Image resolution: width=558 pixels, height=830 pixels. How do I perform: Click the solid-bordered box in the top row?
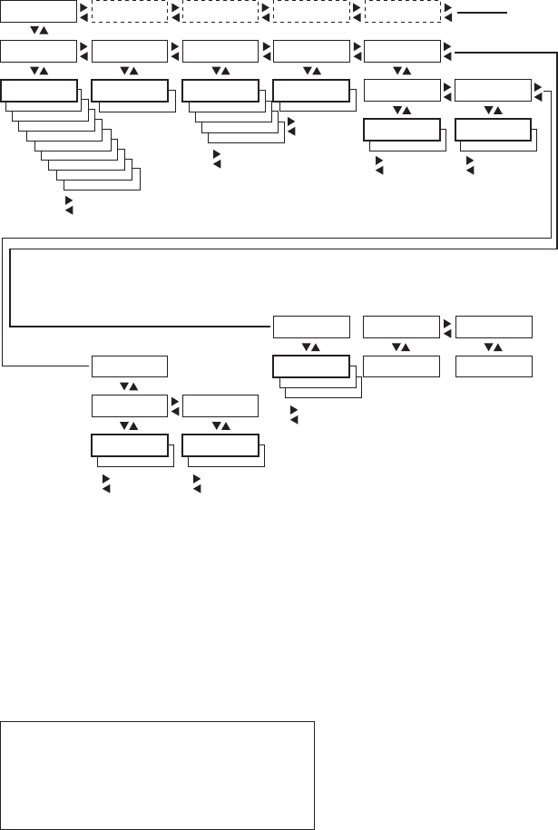click(39, 11)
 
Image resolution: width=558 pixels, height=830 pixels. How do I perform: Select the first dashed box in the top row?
click(130, 11)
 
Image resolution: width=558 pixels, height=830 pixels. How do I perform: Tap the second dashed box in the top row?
click(220, 11)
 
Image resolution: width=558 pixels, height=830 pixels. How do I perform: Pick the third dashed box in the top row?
click(310, 11)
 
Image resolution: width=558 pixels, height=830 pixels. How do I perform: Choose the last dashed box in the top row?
click(402, 11)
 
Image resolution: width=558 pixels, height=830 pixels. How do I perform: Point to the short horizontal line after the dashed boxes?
click(481, 13)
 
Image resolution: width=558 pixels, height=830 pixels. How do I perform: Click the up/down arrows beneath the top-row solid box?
click(39, 31)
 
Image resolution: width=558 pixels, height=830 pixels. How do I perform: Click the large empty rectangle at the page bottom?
click(157, 775)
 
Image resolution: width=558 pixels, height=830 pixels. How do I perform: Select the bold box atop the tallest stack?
click(39, 90)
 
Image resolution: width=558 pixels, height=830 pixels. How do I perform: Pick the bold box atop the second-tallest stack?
click(220, 90)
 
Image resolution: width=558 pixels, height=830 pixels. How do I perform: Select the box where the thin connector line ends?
click(130, 366)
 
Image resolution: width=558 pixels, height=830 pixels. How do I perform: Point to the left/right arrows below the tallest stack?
click(64, 204)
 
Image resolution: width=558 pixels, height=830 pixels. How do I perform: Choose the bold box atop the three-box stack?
click(310, 366)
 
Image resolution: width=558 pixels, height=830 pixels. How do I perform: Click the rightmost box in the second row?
click(402, 51)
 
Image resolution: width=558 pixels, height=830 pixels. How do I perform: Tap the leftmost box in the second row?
click(39, 51)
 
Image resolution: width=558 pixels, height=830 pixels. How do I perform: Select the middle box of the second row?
click(220, 51)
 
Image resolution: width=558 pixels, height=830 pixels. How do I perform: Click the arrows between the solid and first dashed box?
click(84, 11)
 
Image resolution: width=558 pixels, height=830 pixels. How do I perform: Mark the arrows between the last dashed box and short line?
click(446, 11)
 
